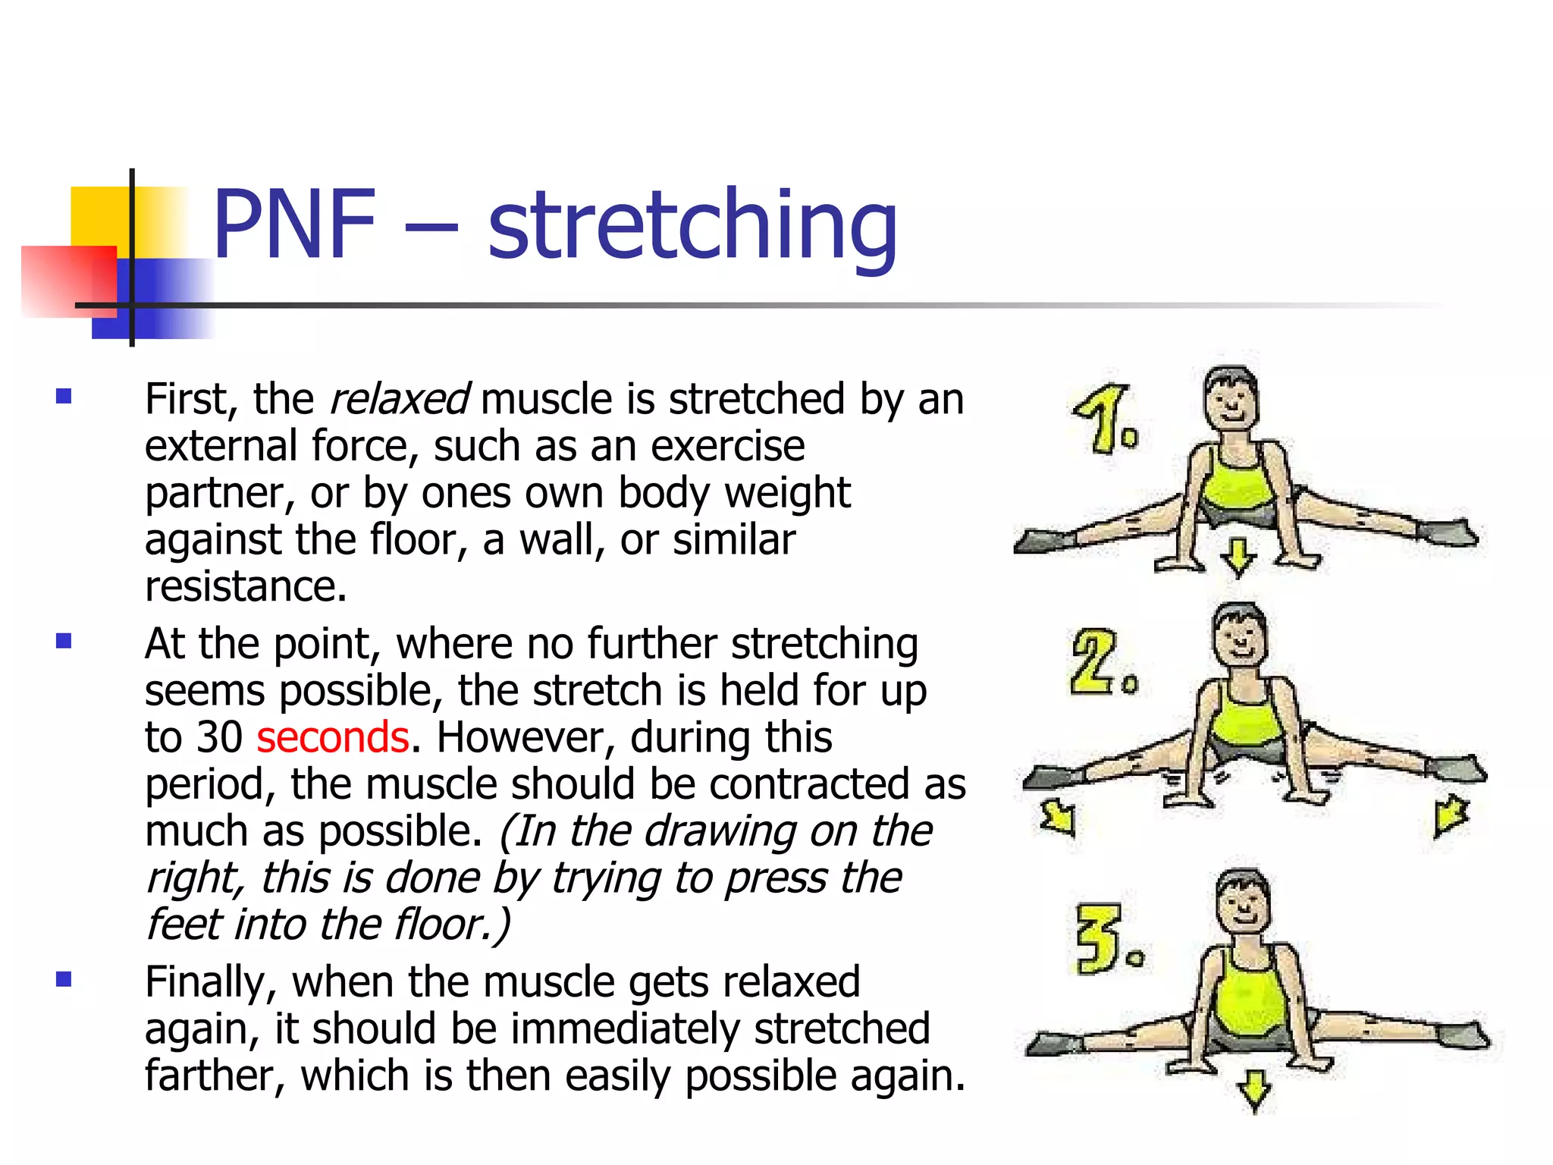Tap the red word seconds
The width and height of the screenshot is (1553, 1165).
333,737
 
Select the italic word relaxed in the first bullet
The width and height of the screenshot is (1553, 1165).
399,400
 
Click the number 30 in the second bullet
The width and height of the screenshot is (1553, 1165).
219,737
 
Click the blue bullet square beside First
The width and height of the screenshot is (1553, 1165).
64,396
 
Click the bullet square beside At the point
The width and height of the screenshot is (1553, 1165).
64,642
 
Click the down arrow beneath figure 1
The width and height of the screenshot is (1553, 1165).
1239,557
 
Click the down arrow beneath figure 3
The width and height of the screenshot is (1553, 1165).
1254,1090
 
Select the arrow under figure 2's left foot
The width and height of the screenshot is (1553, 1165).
1059,818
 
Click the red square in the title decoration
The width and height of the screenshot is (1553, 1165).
68,281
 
